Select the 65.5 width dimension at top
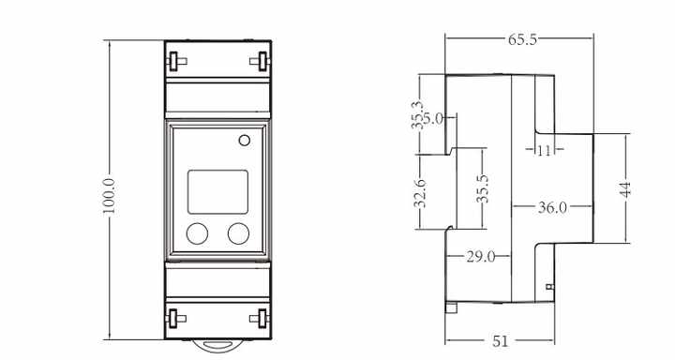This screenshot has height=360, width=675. click(522, 41)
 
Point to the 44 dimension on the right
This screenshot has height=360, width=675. click(625, 187)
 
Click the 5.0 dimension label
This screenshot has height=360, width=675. click(432, 119)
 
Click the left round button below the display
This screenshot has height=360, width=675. click(197, 233)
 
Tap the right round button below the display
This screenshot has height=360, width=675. click(239, 233)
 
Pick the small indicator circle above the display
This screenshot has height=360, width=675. click(245, 142)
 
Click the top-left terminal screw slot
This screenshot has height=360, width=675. click(174, 61)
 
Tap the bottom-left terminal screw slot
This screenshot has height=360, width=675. click(174, 315)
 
